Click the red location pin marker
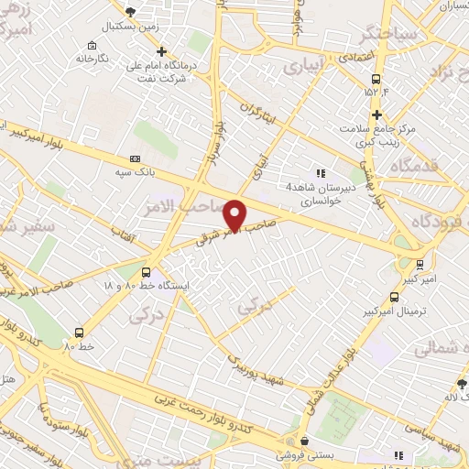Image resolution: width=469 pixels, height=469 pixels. tap(235, 214)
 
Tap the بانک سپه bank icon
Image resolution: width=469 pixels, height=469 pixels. tap(136, 158)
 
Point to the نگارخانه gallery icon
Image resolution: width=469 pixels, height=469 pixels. tap(92, 46)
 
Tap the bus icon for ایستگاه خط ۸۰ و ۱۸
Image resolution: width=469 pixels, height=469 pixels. tap(146, 272)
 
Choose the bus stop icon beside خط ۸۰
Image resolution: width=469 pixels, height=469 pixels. tap(79, 333)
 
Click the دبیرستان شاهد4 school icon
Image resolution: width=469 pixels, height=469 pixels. tap(320, 172)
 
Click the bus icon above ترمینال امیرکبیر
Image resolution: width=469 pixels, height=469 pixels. tap(394, 297)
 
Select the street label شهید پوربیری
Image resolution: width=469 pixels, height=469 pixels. tap(257, 365)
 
